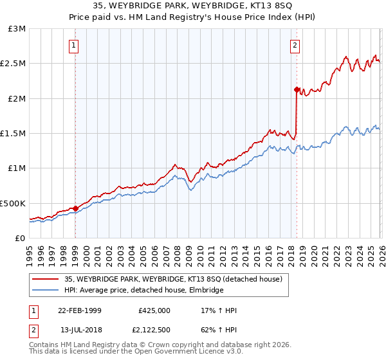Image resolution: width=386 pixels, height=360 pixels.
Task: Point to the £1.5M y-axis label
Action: click(14, 134)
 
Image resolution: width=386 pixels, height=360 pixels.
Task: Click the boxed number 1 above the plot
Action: click(75, 45)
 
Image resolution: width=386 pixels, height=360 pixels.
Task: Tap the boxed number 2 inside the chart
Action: click(295, 45)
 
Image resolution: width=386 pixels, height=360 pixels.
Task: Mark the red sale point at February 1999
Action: click(75, 208)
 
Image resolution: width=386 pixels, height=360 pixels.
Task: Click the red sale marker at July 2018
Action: click(297, 90)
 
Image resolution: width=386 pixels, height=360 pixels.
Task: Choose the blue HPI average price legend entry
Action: click(143, 291)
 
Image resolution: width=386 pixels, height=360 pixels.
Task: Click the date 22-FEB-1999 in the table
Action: click(79, 310)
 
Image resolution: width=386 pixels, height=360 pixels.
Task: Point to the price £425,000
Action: click(154, 310)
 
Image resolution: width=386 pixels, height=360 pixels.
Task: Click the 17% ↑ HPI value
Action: click(219, 310)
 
